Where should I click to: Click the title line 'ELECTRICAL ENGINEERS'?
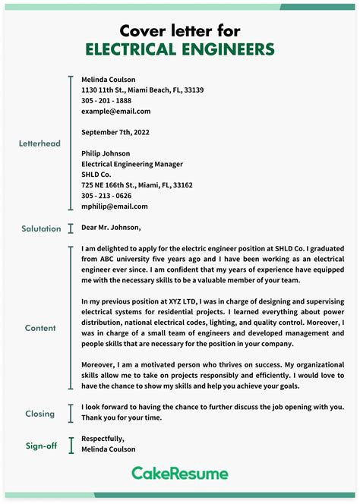tap(180, 50)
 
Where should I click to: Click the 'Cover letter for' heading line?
tap(180, 30)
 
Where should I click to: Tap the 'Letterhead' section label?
tap(39, 143)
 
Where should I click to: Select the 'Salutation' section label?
tap(41, 228)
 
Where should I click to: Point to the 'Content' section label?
tap(40, 328)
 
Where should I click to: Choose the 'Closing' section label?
tap(40, 414)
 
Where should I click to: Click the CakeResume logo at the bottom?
tap(180, 474)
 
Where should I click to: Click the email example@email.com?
tap(110, 111)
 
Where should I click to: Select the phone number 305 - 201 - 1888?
tap(106, 100)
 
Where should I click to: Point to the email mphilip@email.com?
tap(115, 206)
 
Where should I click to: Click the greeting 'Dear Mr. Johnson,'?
tap(111, 227)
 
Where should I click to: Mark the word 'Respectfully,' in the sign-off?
tap(103, 439)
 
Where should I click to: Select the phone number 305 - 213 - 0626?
tap(106, 195)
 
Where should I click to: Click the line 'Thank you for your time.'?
tap(121, 417)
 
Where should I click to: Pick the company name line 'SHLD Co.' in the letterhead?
tap(98, 174)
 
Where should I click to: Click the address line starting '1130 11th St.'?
tap(142, 90)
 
